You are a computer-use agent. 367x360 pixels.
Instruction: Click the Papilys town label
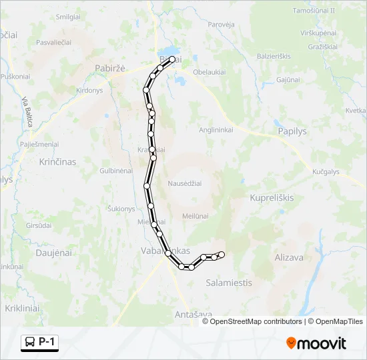pyautogui.click(x=290, y=131)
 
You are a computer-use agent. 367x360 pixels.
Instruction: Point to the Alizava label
pyautogui.click(x=289, y=257)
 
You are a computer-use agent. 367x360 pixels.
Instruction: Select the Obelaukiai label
pyautogui.click(x=210, y=73)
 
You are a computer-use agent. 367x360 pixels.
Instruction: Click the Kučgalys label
pyautogui.click(x=326, y=171)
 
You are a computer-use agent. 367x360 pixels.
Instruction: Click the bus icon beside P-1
pyautogui.click(x=30, y=343)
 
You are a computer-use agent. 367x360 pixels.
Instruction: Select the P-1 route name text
pyautogui.click(x=48, y=343)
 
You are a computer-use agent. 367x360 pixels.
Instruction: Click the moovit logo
pyautogui.click(x=316, y=343)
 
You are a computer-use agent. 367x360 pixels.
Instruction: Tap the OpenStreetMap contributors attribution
pyautogui.click(x=256, y=321)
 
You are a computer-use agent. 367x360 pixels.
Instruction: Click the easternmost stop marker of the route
pyautogui.click(x=222, y=255)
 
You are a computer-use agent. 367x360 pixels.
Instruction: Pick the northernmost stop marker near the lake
pyautogui.click(x=172, y=59)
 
